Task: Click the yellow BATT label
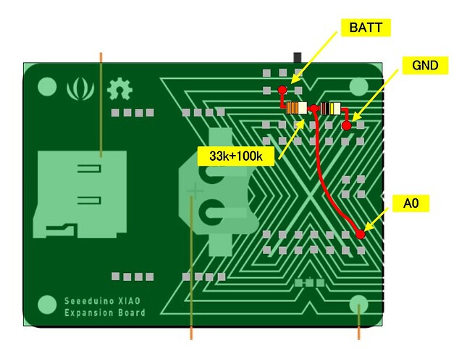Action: pyautogui.click(x=366, y=28)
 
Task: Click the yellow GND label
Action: pyautogui.click(x=425, y=65)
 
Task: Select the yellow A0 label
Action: pyautogui.click(x=410, y=203)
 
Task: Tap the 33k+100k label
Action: pyautogui.click(x=236, y=156)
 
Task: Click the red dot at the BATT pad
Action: pyautogui.click(x=282, y=89)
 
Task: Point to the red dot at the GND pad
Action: pyautogui.click(x=347, y=125)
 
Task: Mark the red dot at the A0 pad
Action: pyautogui.click(x=361, y=234)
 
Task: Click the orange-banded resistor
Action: pyautogui.click(x=297, y=108)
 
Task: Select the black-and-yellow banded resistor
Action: pyautogui.click(x=331, y=109)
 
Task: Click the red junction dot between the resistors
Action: pyautogui.click(x=313, y=109)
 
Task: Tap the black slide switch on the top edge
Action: pyautogui.click(x=298, y=58)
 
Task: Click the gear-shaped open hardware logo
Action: pyautogui.click(x=119, y=90)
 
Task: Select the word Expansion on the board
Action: pyautogui.click(x=90, y=313)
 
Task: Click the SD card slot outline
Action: pyautogui.click(x=80, y=194)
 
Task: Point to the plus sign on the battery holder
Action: pyautogui.click(x=195, y=191)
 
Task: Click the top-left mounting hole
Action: pyautogui.click(x=47, y=87)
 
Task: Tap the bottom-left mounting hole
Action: pyautogui.click(x=47, y=305)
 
